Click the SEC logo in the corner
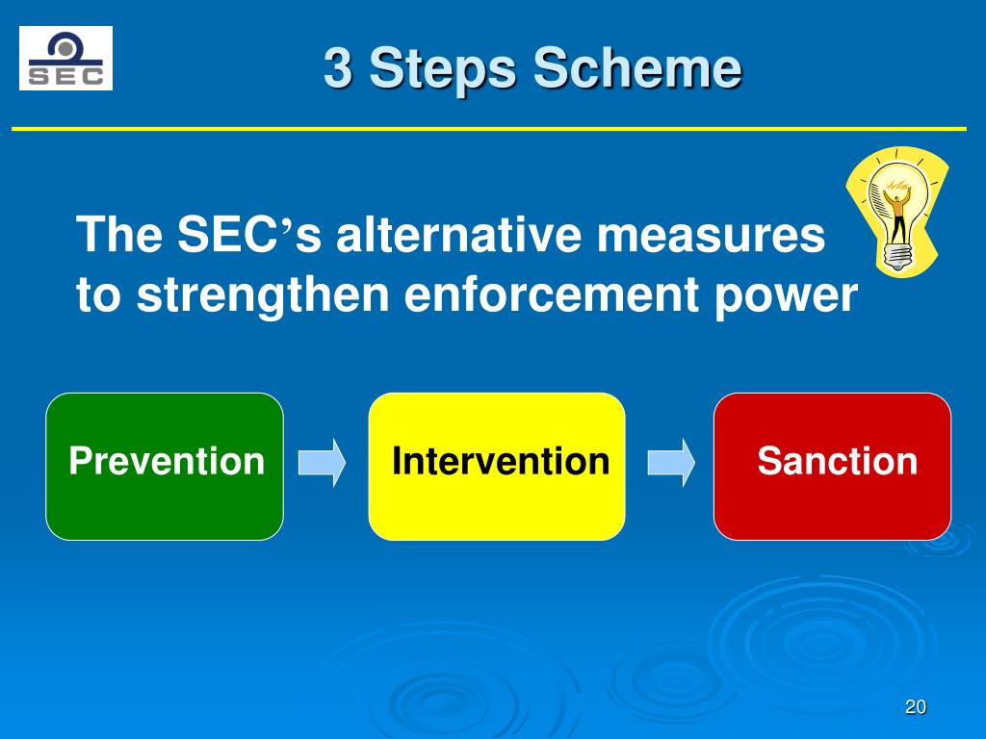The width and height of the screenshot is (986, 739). tap(65, 59)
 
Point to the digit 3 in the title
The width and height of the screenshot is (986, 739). tap(337, 70)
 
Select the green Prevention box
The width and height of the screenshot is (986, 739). tap(165, 466)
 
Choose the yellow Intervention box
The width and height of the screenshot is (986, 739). tap(497, 466)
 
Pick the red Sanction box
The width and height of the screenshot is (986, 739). tap(832, 466)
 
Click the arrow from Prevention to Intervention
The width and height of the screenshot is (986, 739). tap(322, 463)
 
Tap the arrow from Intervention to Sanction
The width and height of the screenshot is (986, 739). tap(670, 463)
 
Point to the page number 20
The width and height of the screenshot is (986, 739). tap(915, 707)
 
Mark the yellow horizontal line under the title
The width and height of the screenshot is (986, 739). tap(488, 128)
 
